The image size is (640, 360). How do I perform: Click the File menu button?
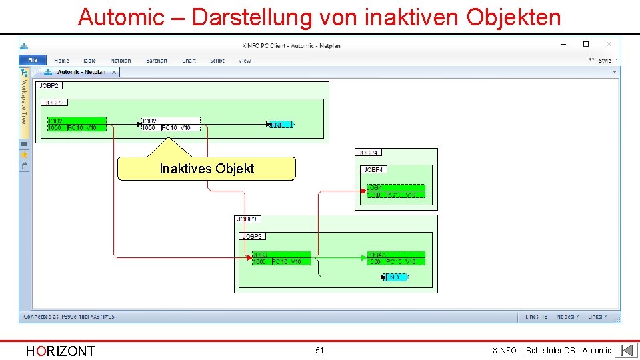tap(33, 61)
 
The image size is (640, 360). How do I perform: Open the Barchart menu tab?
tap(157, 61)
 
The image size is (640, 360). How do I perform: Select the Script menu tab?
tap(217, 61)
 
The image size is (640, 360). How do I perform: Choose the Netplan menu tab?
tap(121, 61)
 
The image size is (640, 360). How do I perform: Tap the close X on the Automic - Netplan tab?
tap(114, 72)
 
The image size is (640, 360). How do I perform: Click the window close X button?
tap(609, 44)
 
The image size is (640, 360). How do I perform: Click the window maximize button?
tap(586, 44)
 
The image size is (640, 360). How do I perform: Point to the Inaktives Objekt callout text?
tap(207, 169)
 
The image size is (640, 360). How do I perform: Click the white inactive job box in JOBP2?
tap(170, 125)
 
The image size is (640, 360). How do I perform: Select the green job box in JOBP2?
tap(76, 125)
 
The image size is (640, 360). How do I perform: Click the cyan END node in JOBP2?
tap(281, 125)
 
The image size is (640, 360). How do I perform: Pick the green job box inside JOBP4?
tap(395, 191)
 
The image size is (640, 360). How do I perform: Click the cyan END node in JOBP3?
tap(395, 277)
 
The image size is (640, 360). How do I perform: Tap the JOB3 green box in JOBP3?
tap(281, 259)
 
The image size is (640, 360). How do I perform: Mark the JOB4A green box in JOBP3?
tap(395, 259)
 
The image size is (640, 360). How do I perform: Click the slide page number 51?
tap(319, 350)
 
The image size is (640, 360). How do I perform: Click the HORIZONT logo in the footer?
tap(60, 351)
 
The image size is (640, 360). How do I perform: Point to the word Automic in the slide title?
tap(121, 17)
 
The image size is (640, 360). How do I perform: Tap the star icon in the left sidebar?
tap(25, 154)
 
